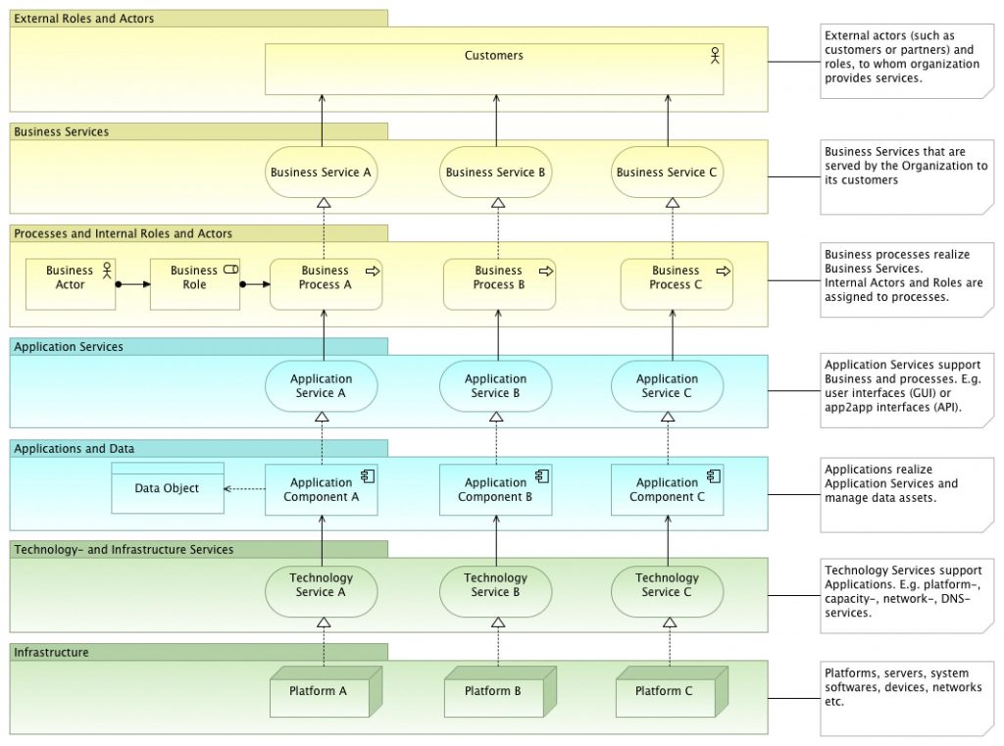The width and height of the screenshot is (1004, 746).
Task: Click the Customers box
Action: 494,70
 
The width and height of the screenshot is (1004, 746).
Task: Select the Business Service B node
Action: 495,173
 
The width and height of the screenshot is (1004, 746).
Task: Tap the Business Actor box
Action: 71,284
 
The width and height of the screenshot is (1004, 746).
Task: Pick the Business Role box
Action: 195,284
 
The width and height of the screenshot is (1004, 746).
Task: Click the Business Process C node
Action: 677,284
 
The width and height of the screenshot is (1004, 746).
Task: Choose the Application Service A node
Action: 322,386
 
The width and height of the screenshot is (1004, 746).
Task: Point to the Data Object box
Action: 168,488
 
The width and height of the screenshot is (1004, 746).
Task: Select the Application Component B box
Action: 495,490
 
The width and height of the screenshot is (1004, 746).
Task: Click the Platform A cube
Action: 326,691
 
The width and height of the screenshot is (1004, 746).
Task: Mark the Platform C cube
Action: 672,691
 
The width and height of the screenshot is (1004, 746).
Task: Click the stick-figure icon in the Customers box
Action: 715,56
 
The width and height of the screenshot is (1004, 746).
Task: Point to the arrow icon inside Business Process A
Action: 373,272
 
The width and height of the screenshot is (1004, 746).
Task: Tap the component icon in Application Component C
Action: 714,475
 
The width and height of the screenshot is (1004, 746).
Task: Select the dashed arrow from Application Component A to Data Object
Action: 244,488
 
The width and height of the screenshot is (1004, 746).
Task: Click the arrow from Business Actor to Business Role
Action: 132,284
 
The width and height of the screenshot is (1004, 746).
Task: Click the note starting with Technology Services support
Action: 907,596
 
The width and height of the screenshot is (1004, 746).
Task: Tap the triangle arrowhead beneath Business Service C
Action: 673,203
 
